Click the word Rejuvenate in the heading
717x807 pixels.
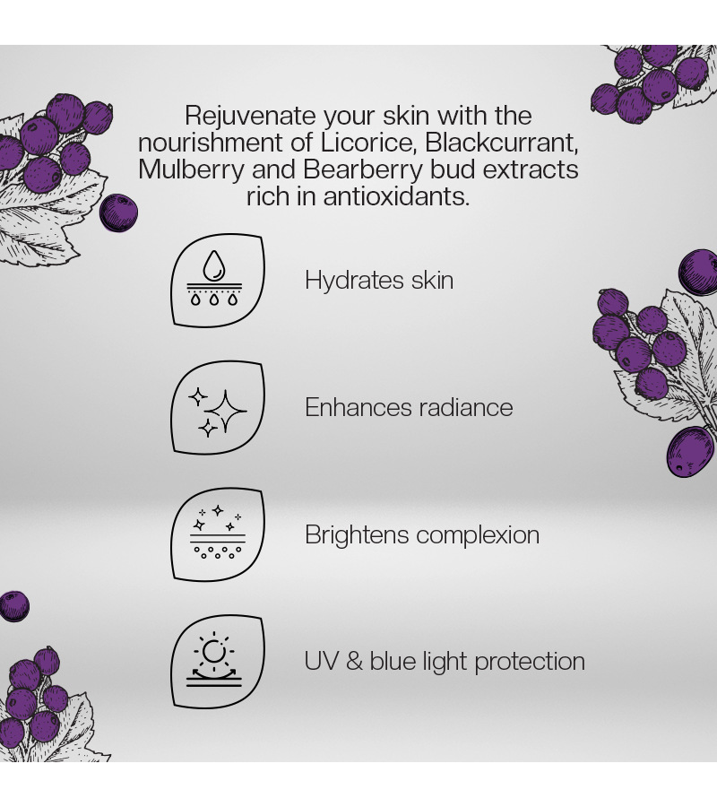point(250,117)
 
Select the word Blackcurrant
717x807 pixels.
point(502,143)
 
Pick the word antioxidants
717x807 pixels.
point(396,196)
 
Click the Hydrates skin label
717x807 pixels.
point(379,281)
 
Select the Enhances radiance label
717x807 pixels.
point(409,408)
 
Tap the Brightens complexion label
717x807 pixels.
point(422,535)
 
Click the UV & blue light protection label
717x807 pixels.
point(445,662)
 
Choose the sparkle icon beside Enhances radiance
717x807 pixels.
point(218,408)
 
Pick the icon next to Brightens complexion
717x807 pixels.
point(218,534)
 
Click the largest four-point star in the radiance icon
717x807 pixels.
point(225,411)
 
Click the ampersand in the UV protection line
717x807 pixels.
point(354,662)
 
